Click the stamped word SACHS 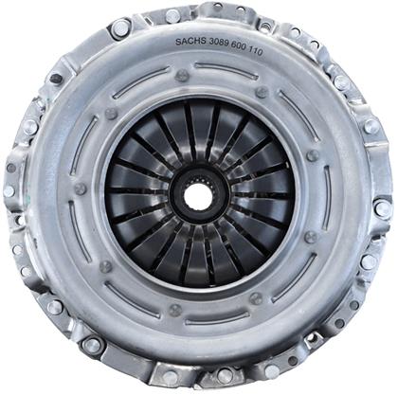pyautogui.click(x=190, y=42)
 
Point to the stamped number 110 pyautogui.click(x=254, y=51)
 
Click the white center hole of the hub pyautogui.click(x=198, y=194)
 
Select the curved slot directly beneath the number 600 pyautogui.click(x=226, y=71)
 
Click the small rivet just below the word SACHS pyautogui.click(x=183, y=76)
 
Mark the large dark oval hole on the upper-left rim pyautogui.click(x=57, y=78)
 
